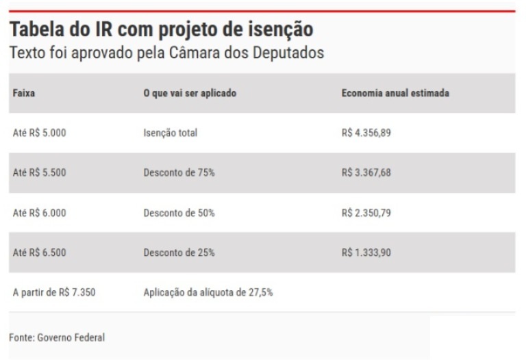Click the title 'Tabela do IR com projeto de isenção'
[161, 31]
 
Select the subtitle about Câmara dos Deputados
[166, 53]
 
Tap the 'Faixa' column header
[23, 93]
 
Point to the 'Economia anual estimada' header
[395, 93]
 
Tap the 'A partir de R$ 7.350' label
[54, 293]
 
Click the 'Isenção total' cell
[166, 133]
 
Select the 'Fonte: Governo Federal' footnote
[57, 337]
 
